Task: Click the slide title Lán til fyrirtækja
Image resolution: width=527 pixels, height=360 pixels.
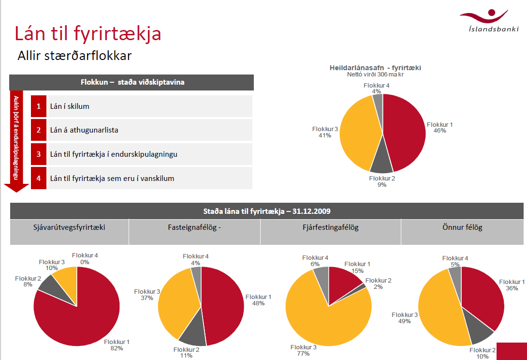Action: coord(88,33)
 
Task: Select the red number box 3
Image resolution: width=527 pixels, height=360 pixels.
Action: coord(39,154)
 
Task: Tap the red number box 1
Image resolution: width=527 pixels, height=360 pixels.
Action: coord(39,106)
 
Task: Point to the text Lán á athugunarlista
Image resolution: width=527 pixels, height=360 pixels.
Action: coord(84,130)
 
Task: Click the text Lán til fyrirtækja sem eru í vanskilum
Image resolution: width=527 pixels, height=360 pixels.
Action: coord(112,178)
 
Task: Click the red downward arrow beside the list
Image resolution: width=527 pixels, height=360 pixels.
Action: coord(16,140)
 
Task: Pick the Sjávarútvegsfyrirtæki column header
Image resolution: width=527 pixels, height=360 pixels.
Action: coord(69,227)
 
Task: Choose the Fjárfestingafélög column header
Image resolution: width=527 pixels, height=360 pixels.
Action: coord(331,227)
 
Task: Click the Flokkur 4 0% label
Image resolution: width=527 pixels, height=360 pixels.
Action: coord(85,258)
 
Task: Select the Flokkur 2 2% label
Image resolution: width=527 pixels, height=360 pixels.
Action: coord(378,284)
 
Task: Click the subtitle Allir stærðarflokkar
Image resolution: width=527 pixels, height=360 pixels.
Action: coord(74,56)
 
